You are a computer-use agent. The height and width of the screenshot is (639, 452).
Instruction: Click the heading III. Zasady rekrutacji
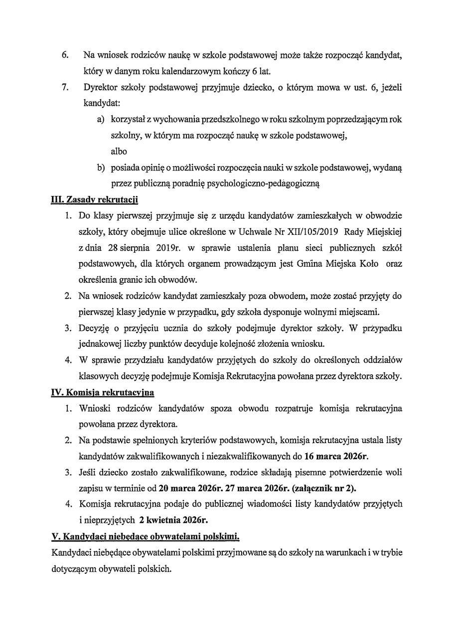(95, 200)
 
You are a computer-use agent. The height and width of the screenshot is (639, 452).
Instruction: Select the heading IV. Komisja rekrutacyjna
(103, 392)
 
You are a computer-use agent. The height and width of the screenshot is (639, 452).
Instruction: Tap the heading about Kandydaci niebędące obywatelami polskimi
(146, 537)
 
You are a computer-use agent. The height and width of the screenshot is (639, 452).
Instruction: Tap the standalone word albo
(119, 151)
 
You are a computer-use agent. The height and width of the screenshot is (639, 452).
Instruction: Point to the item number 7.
(65, 88)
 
